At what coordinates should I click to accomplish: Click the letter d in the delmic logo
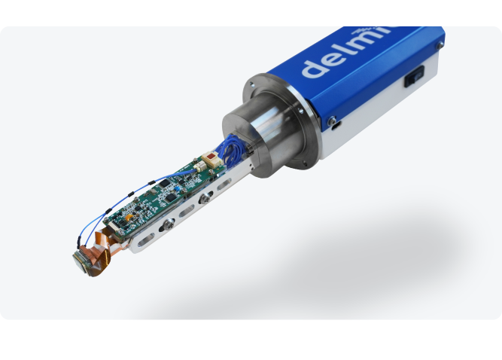point(315,66)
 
